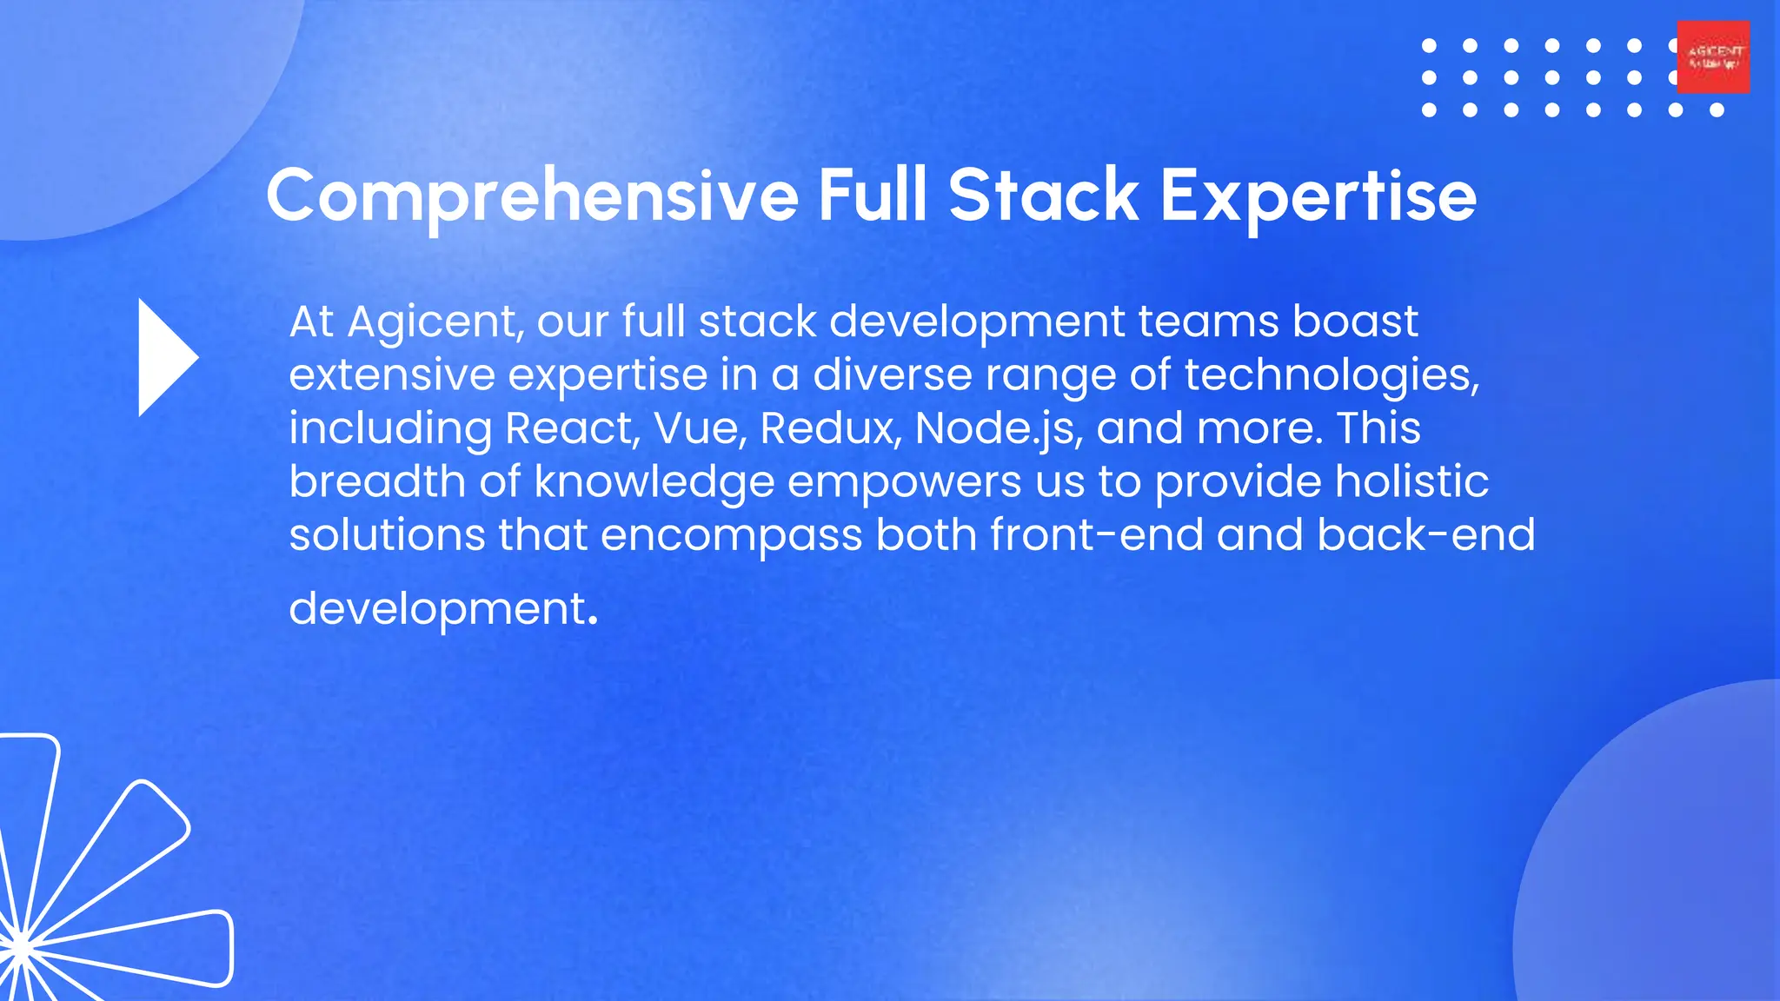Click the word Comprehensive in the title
click(x=532, y=197)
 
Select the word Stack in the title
click(x=1043, y=196)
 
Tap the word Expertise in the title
click(x=1318, y=197)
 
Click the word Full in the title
click(x=872, y=196)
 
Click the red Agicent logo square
click(x=1713, y=57)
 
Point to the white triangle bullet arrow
click(x=166, y=357)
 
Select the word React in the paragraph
click(x=573, y=428)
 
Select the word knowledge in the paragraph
click(x=654, y=482)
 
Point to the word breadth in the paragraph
click(x=377, y=481)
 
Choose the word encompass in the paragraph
click(x=731, y=536)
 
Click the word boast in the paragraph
click(x=1355, y=322)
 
